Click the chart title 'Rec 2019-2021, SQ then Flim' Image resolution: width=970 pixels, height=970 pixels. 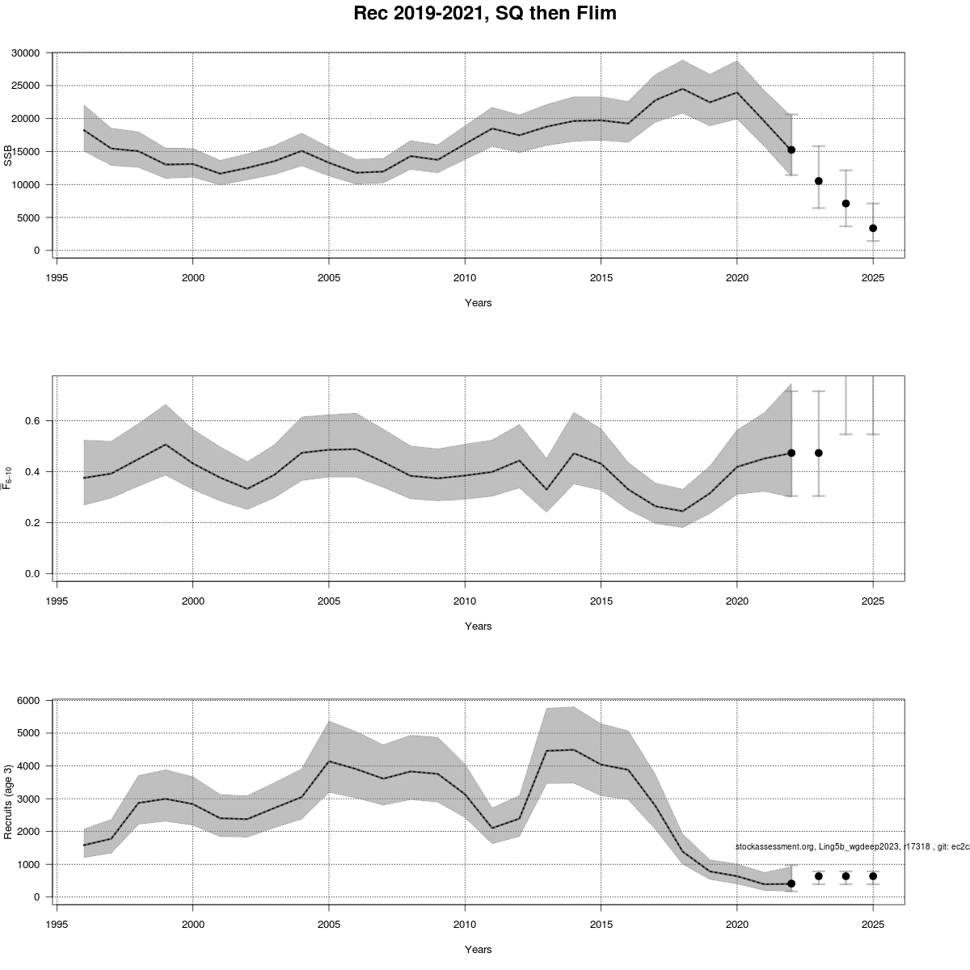(485, 14)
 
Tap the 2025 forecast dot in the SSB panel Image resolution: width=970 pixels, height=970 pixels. (873, 228)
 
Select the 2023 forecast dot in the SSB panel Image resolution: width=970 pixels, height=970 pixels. (819, 181)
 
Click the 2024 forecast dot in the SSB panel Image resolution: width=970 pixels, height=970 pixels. (846, 204)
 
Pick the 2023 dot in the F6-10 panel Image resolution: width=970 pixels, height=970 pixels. (819, 453)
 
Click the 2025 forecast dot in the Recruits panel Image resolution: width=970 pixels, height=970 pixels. (873, 876)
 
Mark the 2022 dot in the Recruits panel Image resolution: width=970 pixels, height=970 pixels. (791, 884)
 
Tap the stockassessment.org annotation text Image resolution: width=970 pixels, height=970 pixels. (852, 846)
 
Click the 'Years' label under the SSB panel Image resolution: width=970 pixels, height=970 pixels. (478, 303)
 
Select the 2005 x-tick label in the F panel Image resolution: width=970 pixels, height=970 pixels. (328, 601)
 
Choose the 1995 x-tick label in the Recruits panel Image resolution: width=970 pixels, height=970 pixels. (57, 924)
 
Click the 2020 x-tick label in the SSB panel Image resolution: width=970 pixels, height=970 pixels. (737, 277)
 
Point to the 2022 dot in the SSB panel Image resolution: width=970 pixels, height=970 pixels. (791, 150)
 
